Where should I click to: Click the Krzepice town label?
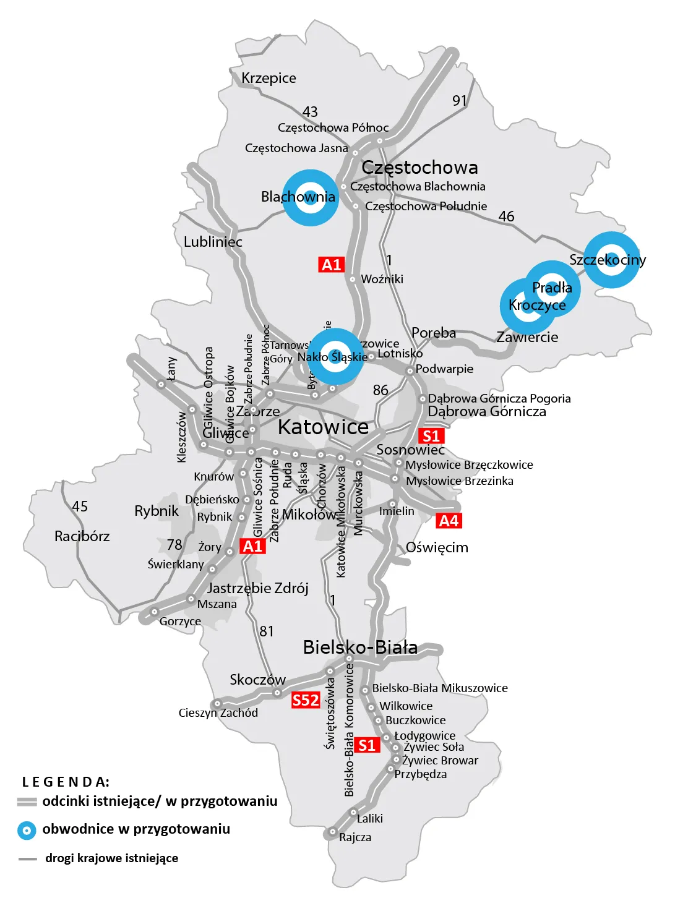(x=269, y=78)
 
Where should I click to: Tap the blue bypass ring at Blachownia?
(x=311, y=198)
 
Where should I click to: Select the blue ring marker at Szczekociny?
(x=611, y=260)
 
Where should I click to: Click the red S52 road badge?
(x=306, y=700)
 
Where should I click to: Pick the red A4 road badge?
(x=449, y=521)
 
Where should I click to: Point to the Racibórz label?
(x=82, y=536)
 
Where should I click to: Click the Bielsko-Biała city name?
(x=360, y=647)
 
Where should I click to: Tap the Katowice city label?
(x=323, y=427)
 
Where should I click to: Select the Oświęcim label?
(x=437, y=547)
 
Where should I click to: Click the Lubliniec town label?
(x=213, y=241)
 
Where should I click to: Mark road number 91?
(x=460, y=100)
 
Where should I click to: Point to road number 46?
(x=506, y=216)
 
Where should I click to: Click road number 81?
(x=267, y=631)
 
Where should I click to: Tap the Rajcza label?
(x=355, y=837)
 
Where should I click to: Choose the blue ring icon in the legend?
(x=27, y=830)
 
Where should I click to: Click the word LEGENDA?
(x=66, y=782)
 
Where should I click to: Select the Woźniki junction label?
(x=382, y=279)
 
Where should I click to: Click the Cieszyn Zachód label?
(x=218, y=712)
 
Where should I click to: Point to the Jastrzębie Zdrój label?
(x=257, y=588)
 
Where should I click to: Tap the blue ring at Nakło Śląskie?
(x=335, y=357)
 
